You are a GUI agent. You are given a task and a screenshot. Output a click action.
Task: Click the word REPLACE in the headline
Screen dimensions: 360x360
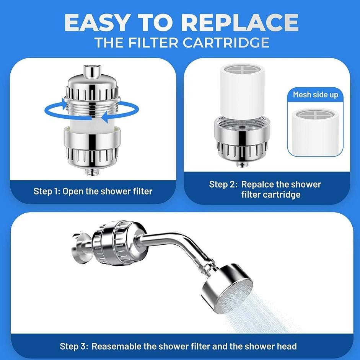coord(241,22)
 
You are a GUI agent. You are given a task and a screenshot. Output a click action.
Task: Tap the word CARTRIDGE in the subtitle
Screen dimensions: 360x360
coord(226,43)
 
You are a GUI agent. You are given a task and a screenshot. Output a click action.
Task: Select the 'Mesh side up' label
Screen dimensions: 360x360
coord(316,95)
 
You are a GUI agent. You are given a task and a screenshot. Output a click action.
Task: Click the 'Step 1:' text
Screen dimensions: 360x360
coord(47,191)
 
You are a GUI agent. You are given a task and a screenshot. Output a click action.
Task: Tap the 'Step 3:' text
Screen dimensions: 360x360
coord(74,346)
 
